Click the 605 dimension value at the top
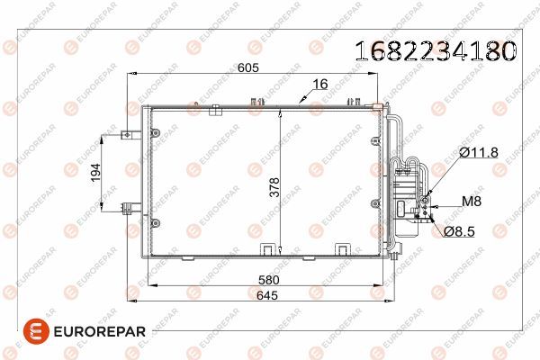click(247, 67)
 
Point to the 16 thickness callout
click(319, 85)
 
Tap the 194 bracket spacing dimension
click(96, 173)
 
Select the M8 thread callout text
click(472, 202)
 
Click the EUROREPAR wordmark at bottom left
click(90, 331)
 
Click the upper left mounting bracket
click(125, 137)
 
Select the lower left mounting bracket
click(125, 209)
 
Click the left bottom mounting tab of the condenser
click(267, 249)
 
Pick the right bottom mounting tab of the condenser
click(343, 249)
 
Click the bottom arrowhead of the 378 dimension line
click(282, 252)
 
